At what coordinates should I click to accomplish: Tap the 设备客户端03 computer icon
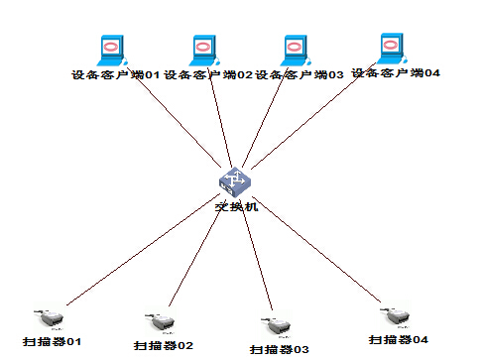[294, 51]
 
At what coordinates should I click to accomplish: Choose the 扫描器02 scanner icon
[159, 321]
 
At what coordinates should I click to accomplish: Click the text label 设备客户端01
[115, 74]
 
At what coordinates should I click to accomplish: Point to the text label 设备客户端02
[208, 74]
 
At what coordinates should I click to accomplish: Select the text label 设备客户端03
[300, 74]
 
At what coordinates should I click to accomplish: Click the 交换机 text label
[236, 206]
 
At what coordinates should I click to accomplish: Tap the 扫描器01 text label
[51, 340]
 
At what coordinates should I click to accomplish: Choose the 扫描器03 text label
[280, 349]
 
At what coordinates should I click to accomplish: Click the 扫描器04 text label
[399, 339]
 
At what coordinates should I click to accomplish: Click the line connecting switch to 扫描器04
[317, 248]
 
